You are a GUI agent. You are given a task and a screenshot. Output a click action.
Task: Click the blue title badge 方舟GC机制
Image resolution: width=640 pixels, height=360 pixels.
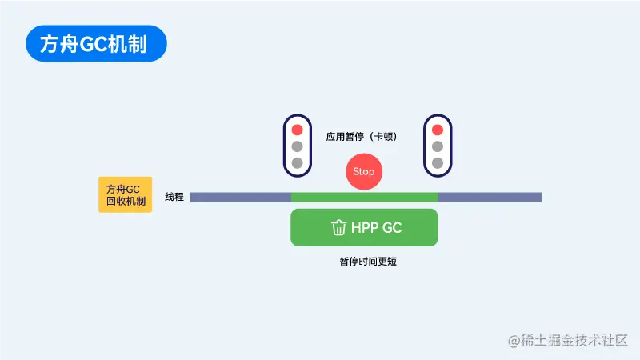tap(96, 43)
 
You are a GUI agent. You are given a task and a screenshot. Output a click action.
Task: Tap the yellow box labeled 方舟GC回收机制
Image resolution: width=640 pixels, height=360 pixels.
tap(126, 194)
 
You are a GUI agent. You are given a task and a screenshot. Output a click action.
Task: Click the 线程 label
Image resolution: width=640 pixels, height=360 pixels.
tap(174, 197)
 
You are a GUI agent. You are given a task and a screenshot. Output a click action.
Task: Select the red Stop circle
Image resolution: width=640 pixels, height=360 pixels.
tap(364, 171)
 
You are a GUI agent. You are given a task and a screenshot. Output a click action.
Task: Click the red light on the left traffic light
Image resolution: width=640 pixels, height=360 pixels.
tap(297, 130)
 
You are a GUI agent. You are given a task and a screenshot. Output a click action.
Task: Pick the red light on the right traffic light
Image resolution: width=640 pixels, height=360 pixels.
tap(438, 130)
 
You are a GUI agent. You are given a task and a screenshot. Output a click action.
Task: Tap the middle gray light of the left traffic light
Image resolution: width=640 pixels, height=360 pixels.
tap(297, 146)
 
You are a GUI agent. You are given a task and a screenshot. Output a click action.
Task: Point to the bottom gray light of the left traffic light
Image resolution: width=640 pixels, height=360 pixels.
tap(297, 163)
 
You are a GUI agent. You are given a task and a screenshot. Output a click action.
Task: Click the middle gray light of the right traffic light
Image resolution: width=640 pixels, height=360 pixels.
tap(438, 146)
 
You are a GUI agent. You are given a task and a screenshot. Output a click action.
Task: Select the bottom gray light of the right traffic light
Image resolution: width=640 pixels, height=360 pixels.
tap(438, 163)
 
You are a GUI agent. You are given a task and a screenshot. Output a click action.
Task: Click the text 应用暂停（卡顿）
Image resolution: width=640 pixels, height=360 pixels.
tap(362, 137)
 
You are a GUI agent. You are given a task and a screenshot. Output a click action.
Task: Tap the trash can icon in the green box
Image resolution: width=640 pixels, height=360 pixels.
tap(338, 227)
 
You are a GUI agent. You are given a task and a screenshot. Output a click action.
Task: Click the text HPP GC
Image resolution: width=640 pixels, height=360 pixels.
tap(376, 228)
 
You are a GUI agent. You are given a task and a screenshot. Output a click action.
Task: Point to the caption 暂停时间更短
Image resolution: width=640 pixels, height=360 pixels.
tap(368, 262)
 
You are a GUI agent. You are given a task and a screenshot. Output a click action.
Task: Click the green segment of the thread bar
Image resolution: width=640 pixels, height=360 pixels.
tap(365, 197)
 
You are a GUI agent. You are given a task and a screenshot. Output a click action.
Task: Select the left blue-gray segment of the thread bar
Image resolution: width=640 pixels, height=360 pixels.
tap(241, 197)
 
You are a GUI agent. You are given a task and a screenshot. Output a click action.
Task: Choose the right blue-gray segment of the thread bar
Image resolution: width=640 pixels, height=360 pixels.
tap(490, 197)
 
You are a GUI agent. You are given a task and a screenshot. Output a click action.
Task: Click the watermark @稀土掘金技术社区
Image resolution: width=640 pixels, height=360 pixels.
tap(568, 340)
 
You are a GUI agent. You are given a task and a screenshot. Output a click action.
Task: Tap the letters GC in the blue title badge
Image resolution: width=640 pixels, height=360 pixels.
tap(94, 44)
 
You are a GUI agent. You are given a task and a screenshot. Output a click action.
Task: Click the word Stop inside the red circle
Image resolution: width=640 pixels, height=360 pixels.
tap(364, 172)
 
